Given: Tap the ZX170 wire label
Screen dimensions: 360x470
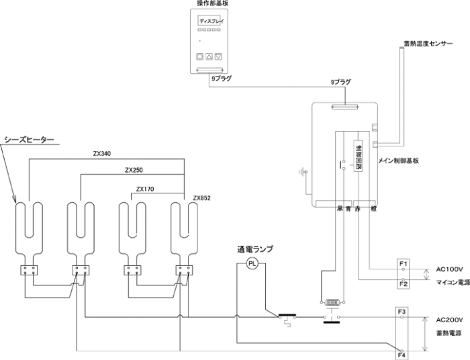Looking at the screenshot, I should click(146, 189).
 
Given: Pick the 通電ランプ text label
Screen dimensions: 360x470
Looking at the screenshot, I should click(254, 249).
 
